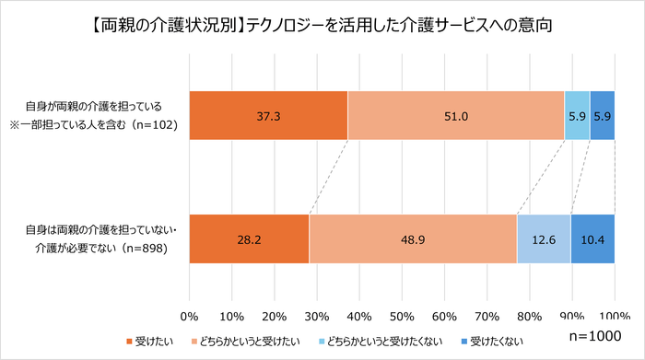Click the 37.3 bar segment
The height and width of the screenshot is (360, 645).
point(268,116)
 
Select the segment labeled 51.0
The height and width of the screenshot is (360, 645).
point(456,116)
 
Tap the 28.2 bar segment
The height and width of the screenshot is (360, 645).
point(249,238)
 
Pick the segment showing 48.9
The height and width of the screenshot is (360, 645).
point(413,238)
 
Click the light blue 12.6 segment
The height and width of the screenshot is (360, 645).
point(544,238)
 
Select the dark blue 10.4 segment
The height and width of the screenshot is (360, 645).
point(592,238)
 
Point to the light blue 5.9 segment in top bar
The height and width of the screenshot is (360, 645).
point(577,116)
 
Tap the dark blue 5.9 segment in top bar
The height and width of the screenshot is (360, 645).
point(602,116)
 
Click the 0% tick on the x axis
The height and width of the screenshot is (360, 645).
point(190,317)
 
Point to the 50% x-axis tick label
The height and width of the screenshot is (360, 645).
point(402,317)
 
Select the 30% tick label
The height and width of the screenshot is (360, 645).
point(317,317)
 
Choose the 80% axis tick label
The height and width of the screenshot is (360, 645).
point(529,317)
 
